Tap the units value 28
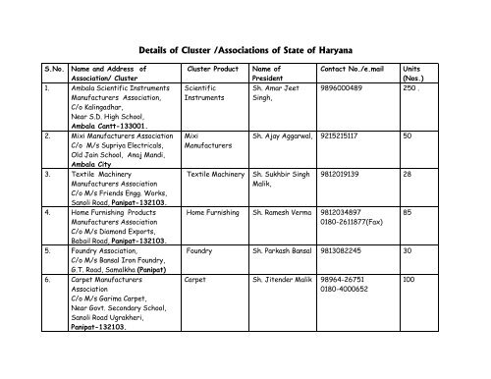[x=408, y=174]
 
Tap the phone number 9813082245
[x=343, y=250]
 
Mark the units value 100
[x=409, y=280]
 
